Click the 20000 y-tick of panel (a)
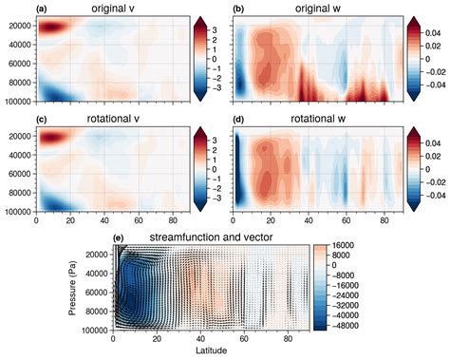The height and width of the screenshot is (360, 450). (19, 27)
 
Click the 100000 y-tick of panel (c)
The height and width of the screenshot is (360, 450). (17, 216)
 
